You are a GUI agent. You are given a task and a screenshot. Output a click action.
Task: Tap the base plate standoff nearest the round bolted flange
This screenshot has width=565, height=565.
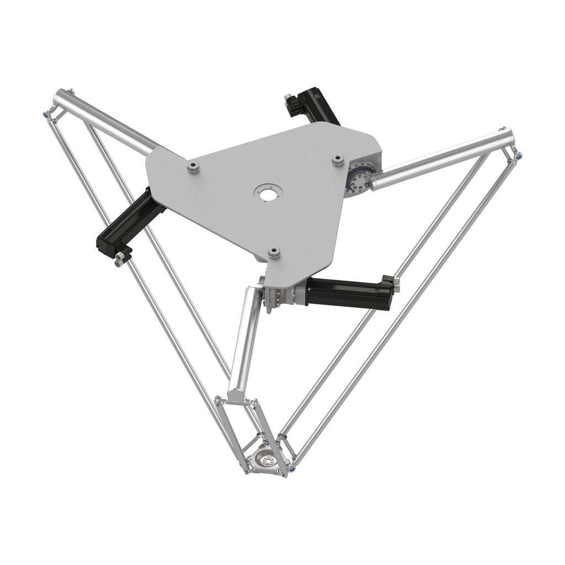tap(337, 159)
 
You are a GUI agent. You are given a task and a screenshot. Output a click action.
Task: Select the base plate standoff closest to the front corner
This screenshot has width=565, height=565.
tap(274, 253)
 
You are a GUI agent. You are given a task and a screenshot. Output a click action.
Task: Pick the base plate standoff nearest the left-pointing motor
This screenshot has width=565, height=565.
tap(193, 166)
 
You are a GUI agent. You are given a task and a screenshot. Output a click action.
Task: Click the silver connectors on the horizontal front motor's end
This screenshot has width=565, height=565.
tap(396, 282)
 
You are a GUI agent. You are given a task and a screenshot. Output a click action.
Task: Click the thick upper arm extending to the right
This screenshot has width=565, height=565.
tap(441, 160)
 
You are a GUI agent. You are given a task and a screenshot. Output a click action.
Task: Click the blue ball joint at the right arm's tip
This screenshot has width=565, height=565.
tap(518, 157)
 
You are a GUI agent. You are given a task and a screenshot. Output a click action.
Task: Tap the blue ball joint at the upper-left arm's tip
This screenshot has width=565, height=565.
tap(45, 115)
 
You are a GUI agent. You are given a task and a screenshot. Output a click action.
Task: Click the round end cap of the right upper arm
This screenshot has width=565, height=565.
tap(508, 135)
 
